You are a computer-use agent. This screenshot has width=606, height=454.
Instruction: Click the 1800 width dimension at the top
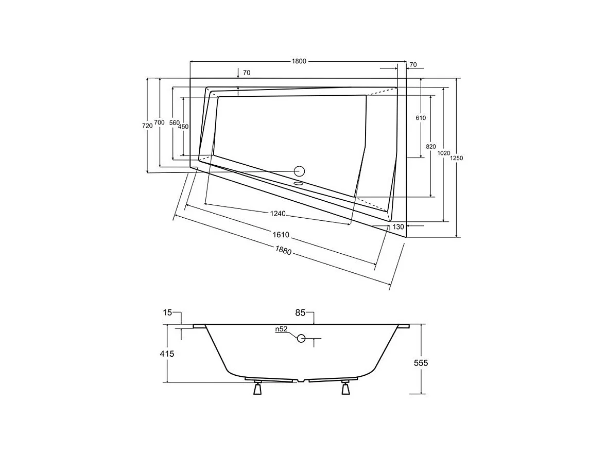click(x=299, y=61)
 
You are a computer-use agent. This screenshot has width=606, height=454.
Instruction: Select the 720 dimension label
click(x=147, y=125)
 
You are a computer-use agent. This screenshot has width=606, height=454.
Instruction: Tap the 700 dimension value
click(x=160, y=123)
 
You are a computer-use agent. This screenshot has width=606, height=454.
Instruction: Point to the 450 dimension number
click(x=183, y=127)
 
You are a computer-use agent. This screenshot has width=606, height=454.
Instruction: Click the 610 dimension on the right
click(x=421, y=118)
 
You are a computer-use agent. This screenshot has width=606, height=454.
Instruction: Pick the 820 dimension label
click(x=431, y=147)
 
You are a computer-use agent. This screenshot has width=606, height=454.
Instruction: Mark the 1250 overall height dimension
click(x=456, y=158)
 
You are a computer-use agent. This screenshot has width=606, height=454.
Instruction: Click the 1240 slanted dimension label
click(x=278, y=214)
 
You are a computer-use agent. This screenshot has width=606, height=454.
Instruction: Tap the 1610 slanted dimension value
click(x=281, y=235)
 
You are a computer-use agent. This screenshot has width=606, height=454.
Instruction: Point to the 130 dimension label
click(x=397, y=226)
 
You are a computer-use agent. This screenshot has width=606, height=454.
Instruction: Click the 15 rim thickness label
click(x=167, y=312)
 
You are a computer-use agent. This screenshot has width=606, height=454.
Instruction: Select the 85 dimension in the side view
click(x=301, y=312)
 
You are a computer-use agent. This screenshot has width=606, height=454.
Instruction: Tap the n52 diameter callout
click(x=281, y=329)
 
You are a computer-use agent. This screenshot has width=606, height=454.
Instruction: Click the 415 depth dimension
click(x=167, y=354)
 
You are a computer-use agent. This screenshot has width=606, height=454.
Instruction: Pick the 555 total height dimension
click(x=421, y=363)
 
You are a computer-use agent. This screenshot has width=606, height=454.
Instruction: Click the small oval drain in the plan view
click(x=299, y=182)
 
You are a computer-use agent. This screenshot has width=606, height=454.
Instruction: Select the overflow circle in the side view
click(x=301, y=338)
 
